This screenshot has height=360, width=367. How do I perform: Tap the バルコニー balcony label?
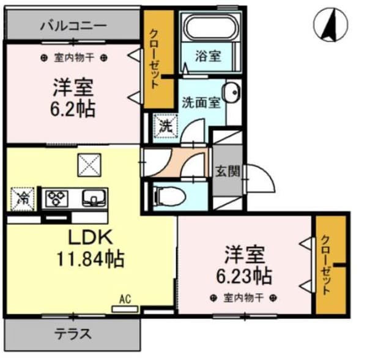point(73,26)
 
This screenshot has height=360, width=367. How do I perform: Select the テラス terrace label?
point(73,334)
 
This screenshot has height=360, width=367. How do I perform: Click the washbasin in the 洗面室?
point(231,92)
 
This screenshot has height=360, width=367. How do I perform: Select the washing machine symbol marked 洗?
point(165,127)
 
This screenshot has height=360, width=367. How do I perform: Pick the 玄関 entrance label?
point(228,171)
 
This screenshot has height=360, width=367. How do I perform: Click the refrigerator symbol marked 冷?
point(23,198)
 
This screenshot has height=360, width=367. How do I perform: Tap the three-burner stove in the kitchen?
point(59,198)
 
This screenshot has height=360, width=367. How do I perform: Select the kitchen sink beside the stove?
point(92,198)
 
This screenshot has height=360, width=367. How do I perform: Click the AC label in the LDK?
point(125,299)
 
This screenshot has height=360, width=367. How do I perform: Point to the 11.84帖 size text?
point(92,259)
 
